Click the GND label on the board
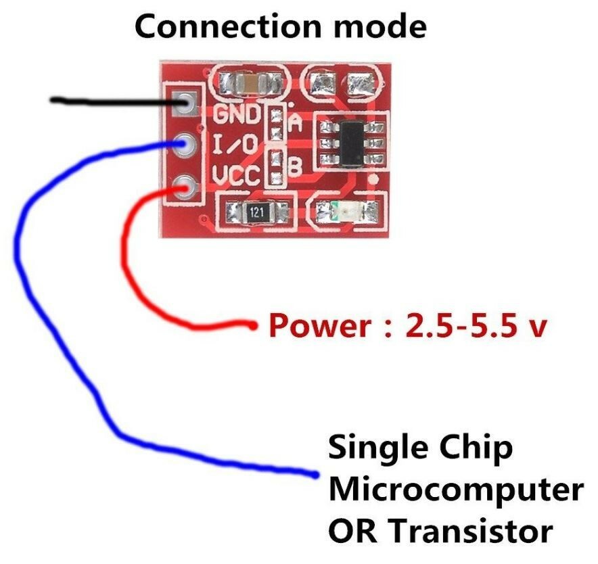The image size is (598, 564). pyautogui.click(x=237, y=113)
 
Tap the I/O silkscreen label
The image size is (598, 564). pyautogui.click(x=235, y=144)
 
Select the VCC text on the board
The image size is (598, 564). pyautogui.click(x=236, y=177)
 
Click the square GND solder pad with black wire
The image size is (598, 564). pyautogui.click(x=185, y=103)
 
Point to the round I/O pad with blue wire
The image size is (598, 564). pyautogui.click(x=183, y=144)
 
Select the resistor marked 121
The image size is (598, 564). pyautogui.click(x=256, y=212)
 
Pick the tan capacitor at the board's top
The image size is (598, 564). pyautogui.click(x=251, y=84)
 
